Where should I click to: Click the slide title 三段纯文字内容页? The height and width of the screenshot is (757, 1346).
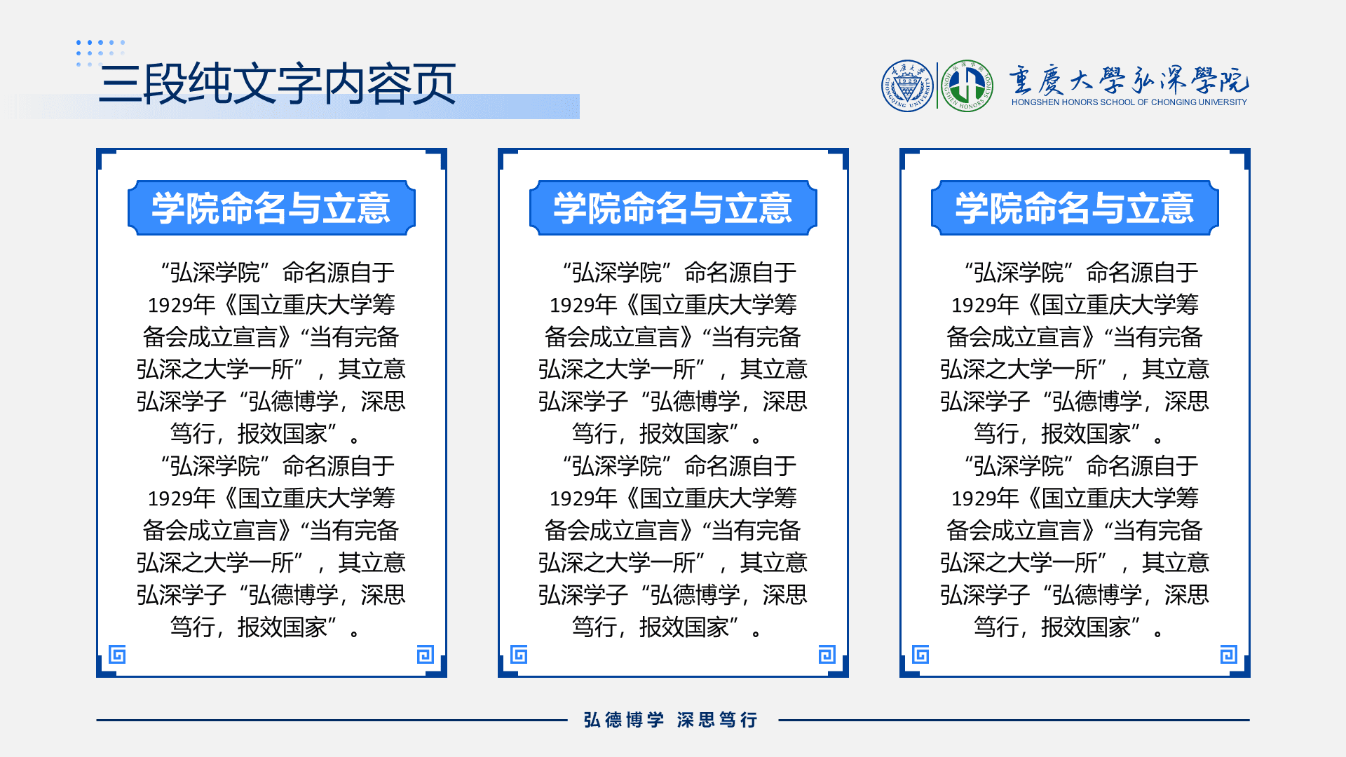point(278,84)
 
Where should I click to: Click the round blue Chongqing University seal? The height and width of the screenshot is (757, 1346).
point(908,86)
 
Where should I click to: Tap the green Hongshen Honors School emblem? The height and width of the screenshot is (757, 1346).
point(967,86)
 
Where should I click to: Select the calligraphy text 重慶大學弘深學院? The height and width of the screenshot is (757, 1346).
point(1129,81)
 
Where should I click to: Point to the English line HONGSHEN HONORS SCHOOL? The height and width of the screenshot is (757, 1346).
point(1129,102)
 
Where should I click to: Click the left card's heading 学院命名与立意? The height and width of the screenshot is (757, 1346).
point(271,208)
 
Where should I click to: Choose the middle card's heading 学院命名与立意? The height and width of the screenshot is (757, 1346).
point(673,208)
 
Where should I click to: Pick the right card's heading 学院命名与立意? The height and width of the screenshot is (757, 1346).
point(1075,208)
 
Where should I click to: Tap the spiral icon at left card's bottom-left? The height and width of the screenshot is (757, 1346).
point(117,655)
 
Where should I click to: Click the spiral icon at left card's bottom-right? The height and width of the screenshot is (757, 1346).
point(426,655)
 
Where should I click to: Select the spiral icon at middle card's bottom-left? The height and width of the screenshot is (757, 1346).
point(519,655)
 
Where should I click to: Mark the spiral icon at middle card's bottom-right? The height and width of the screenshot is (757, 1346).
point(827,655)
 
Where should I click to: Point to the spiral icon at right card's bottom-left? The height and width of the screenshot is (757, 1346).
point(920,655)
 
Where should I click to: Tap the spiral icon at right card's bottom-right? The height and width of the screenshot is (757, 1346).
point(1229,655)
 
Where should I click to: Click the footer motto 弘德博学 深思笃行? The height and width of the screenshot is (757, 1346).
point(671,720)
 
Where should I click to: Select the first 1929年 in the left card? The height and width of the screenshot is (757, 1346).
point(182,305)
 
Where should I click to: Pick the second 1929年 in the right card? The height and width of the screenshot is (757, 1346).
point(985,498)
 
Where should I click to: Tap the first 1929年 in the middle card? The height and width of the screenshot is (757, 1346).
point(583,305)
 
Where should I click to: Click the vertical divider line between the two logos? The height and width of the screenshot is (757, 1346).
point(937,86)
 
